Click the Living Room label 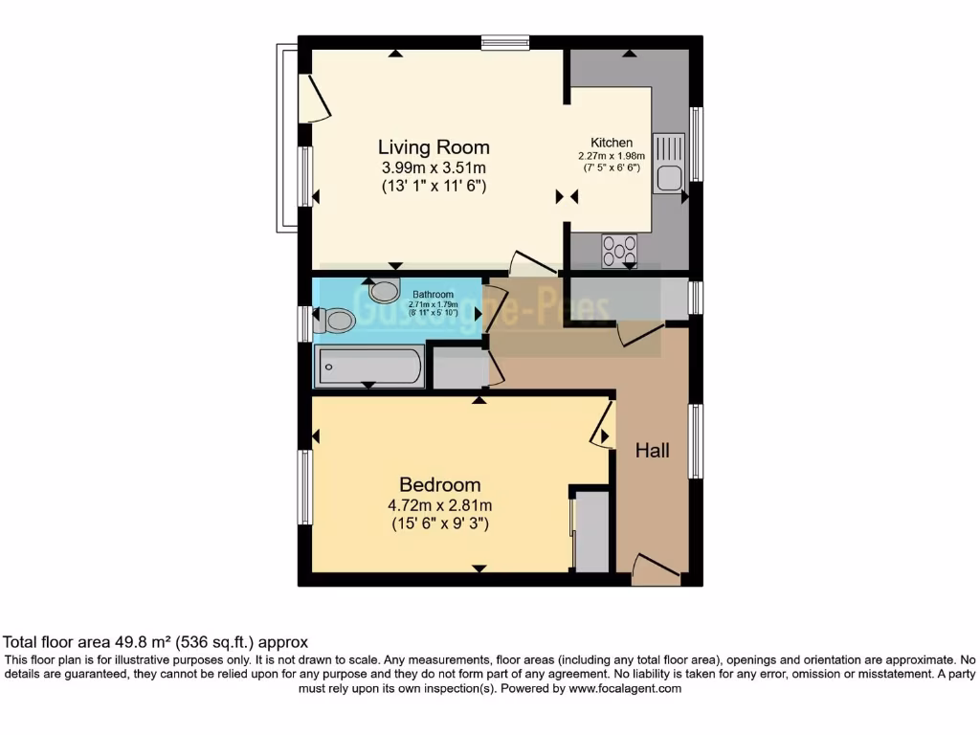434,147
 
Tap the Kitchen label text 611,143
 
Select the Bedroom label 440,484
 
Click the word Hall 653,451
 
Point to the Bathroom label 433,294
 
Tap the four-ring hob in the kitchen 619,251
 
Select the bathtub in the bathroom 369,367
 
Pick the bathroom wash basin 385,290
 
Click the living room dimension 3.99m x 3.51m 434,168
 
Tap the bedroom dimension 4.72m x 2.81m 440,505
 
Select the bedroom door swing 602,424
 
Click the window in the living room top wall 505,42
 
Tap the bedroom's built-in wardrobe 590,531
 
